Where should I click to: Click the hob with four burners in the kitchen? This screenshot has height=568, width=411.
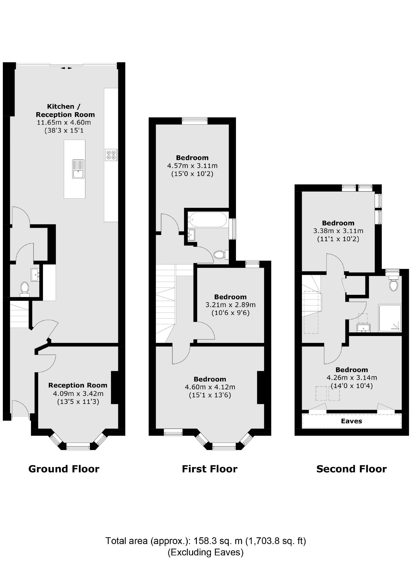(111, 155)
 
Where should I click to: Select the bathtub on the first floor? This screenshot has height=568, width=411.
(208, 220)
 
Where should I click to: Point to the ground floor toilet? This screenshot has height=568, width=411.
(25, 289)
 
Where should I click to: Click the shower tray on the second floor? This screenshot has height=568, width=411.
(390, 318)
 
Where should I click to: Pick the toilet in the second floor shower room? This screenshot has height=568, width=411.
(394, 284)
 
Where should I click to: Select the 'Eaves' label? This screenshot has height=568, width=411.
(351, 421)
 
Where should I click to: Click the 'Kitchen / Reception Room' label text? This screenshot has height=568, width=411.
(65, 111)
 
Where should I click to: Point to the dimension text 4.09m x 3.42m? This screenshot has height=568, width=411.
(78, 394)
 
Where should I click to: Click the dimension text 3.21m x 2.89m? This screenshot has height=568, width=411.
(230, 305)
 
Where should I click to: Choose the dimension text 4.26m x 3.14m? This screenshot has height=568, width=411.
(351, 378)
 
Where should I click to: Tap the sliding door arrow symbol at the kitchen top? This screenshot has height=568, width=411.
(66, 68)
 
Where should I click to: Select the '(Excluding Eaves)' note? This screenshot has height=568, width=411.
(205, 552)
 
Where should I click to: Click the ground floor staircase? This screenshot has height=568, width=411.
(19, 314)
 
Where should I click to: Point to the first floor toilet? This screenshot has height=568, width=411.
(220, 255)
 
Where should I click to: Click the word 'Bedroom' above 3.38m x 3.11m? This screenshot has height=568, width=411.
(338, 223)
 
